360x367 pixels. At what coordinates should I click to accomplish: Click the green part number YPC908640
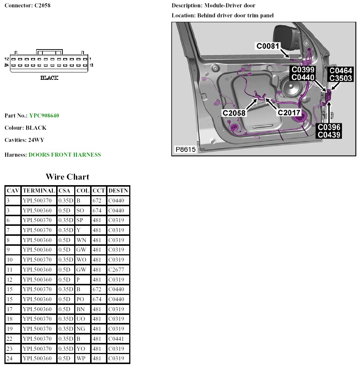(x=44, y=116)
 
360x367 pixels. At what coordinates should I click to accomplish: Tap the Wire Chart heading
(x=67, y=177)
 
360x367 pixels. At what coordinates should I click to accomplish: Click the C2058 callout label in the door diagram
(x=234, y=113)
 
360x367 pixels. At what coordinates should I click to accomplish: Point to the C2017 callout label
(x=289, y=112)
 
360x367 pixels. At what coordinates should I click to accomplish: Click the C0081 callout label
(x=268, y=46)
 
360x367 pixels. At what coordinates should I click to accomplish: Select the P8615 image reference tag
(x=185, y=150)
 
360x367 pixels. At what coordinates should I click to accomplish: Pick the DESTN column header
(x=118, y=191)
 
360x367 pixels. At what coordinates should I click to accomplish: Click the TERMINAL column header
(x=39, y=191)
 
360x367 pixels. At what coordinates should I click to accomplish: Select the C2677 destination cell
(x=116, y=270)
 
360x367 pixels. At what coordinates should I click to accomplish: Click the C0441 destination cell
(x=116, y=339)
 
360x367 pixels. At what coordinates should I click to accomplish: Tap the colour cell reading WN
(x=81, y=240)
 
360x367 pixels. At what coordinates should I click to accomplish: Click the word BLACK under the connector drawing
(x=49, y=78)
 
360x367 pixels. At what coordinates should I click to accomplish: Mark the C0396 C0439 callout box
(x=329, y=131)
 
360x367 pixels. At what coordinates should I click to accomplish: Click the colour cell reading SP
(x=80, y=221)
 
